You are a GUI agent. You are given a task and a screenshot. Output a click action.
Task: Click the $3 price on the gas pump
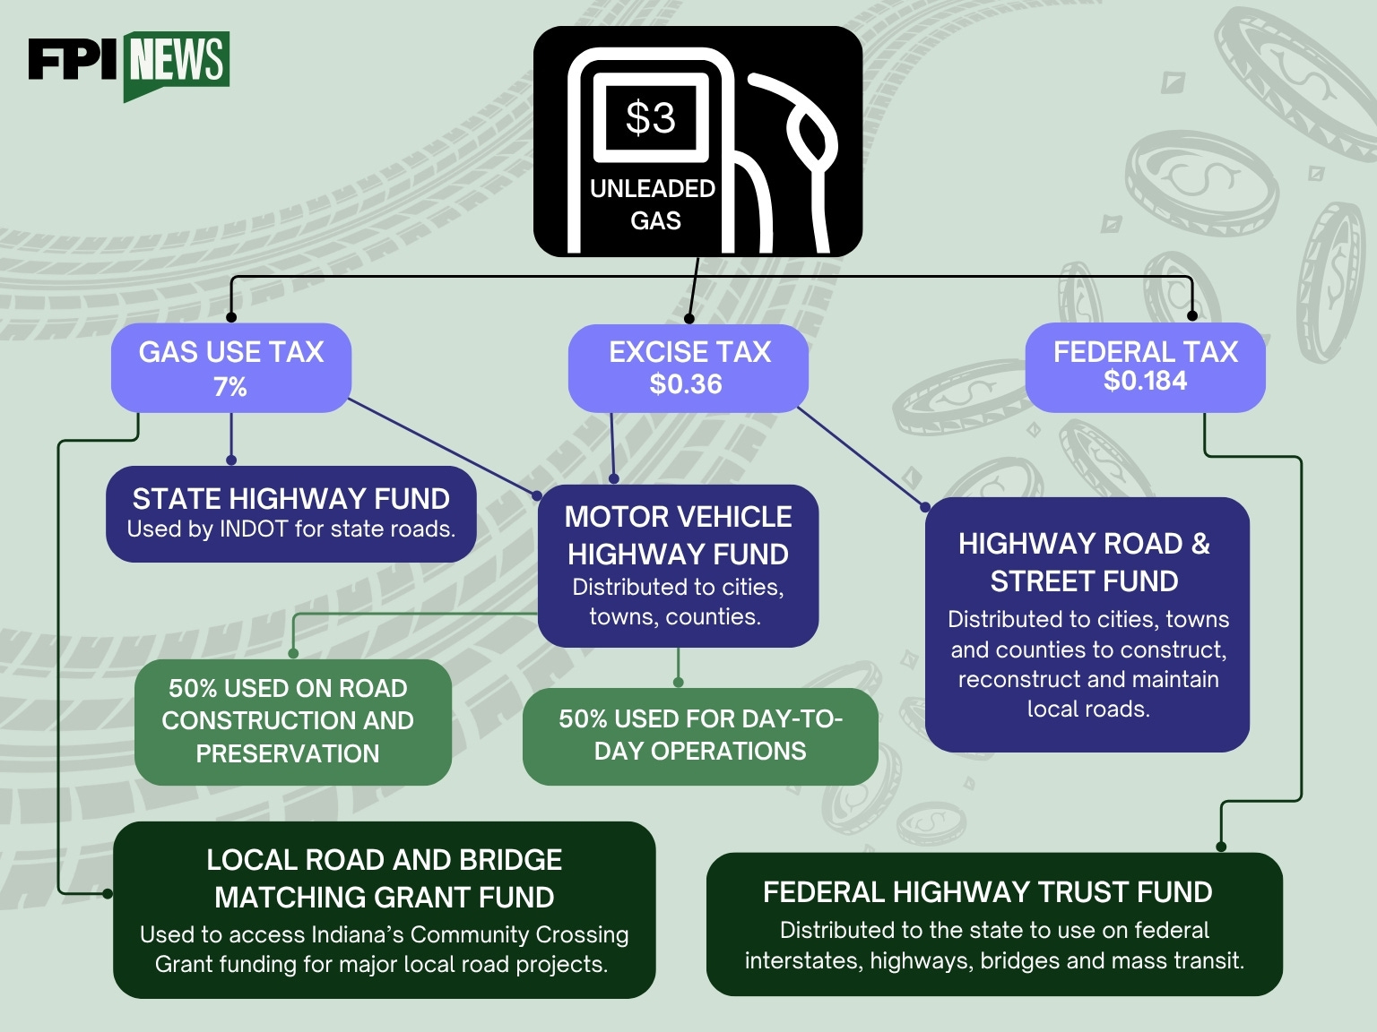[651, 117]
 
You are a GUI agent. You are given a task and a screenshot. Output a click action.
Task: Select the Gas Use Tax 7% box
[231, 368]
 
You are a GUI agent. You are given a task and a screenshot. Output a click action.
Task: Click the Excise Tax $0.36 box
[688, 368]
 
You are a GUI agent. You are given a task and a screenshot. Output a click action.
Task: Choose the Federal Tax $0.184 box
[1145, 367]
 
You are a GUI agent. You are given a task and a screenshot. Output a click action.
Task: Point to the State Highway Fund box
[291, 514]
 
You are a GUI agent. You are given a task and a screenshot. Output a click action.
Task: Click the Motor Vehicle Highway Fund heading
[678, 536]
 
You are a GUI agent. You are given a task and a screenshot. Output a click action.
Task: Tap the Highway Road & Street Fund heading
[1084, 562]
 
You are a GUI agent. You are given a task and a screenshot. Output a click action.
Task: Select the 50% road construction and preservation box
[293, 722]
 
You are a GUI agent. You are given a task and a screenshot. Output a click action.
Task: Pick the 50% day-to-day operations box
[700, 736]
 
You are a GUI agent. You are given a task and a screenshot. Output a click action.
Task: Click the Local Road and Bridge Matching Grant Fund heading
[384, 879]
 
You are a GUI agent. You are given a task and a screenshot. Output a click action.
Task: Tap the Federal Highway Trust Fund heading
[987, 892]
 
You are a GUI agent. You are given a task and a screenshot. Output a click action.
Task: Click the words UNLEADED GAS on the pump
[653, 205]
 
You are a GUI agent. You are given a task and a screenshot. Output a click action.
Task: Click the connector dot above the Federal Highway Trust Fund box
[1221, 847]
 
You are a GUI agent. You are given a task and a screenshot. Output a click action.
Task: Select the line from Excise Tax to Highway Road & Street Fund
[861, 458]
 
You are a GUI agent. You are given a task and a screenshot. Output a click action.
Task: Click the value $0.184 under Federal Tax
[1145, 381]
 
